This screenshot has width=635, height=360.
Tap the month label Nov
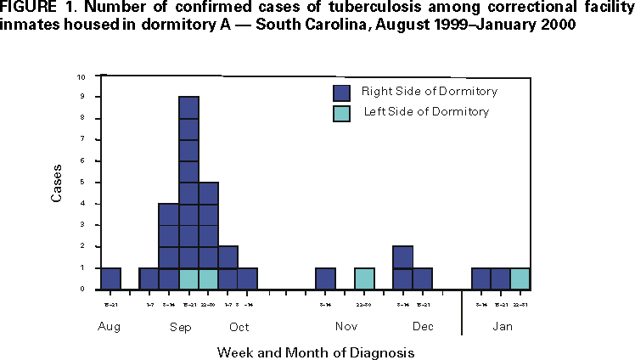(346, 327)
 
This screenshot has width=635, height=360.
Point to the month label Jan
(501, 327)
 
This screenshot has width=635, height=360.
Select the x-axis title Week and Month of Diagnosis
(315, 350)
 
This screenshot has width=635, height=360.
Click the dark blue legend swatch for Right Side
(341, 91)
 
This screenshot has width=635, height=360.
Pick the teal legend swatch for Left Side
(341, 112)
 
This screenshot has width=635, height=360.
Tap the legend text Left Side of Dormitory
(426, 112)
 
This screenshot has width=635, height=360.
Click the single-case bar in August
(110, 278)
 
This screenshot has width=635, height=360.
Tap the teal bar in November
(364, 278)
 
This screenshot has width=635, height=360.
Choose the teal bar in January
(520, 278)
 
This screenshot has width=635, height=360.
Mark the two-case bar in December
(403, 267)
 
